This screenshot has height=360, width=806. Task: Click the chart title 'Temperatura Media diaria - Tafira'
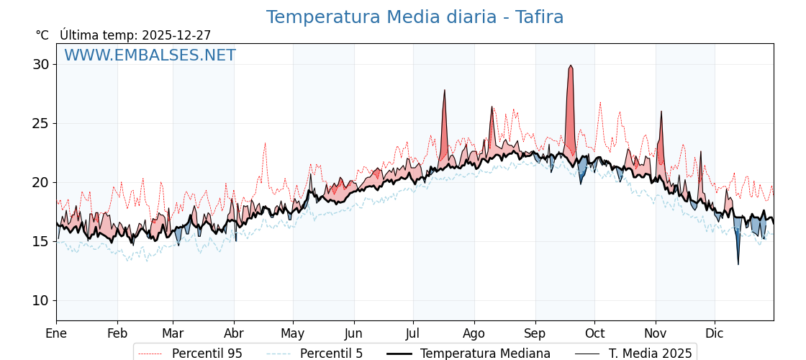pos(415,17)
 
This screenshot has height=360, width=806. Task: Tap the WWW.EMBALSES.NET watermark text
pos(150,55)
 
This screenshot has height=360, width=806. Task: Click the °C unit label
pos(42,35)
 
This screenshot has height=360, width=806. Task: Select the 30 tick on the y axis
pos(41,64)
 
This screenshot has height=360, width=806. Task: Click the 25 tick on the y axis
pos(41,123)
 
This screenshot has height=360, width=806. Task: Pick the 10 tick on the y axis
pos(41,300)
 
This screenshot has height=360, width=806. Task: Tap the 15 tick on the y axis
pos(41,241)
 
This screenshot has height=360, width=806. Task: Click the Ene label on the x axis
pos(56,333)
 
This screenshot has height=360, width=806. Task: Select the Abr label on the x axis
pos(234,333)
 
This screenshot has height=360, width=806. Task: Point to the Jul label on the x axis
pos(413,333)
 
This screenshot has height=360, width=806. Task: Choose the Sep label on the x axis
pos(535,333)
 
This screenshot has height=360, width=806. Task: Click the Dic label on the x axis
pos(715,333)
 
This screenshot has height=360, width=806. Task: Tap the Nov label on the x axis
pos(656,333)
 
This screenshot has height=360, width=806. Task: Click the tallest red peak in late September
pos(571,66)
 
